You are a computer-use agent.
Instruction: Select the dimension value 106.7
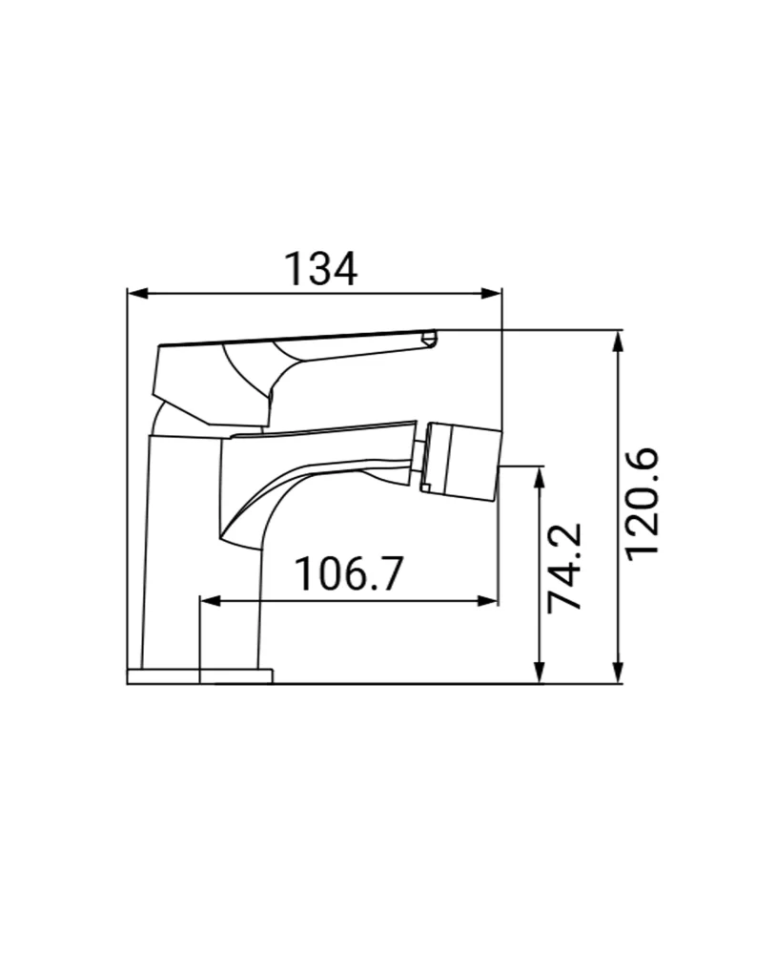pos(349,574)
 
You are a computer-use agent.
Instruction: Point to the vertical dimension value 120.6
pos(643,505)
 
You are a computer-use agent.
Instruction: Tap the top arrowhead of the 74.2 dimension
pos(540,476)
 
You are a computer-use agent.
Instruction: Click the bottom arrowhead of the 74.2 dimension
pos(540,674)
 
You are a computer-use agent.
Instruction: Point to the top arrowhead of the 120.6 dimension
pos(618,341)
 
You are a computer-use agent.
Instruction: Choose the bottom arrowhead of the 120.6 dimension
pos(618,674)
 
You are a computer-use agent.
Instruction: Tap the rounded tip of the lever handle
pos(429,337)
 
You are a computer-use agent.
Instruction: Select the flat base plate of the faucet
pos(199,676)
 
